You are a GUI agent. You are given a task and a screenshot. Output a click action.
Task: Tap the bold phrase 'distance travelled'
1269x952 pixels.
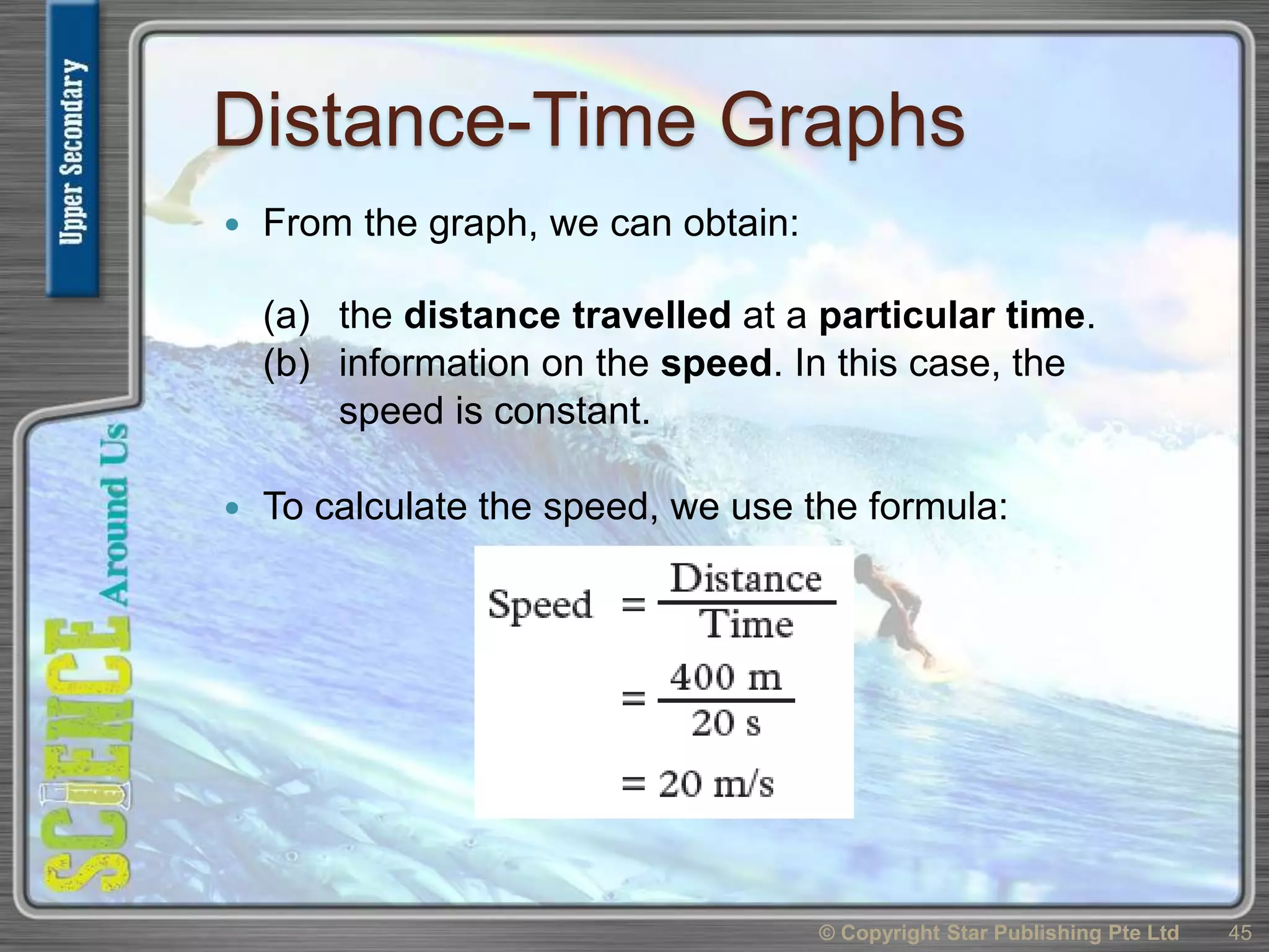click(x=567, y=315)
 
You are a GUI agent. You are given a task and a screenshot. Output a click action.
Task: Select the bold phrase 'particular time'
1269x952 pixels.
click(x=952, y=315)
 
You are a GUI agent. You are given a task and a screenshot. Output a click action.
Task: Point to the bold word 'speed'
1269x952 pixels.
click(x=716, y=363)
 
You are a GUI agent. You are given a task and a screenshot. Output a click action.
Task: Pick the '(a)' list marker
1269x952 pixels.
click(x=286, y=315)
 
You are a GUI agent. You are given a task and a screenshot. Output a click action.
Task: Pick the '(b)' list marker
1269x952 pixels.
click(x=286, y=363)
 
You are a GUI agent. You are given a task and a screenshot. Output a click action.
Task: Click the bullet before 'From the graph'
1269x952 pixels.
click(x=232, y=224)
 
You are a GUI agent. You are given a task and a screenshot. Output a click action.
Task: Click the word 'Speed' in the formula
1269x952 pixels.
click(x=540, y=604)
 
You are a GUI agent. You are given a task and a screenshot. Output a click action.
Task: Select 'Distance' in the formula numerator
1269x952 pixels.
click(x=746, y=579)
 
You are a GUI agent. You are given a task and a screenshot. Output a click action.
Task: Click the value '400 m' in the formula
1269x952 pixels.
click(x=726, y=677)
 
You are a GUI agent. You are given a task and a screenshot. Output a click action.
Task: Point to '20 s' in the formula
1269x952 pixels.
click(x=726, y=723)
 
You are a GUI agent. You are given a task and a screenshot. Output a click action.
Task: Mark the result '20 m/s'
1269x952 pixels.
click(x=716, y=784)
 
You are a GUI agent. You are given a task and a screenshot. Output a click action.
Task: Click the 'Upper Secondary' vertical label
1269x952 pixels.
click(x=72, y=152)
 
